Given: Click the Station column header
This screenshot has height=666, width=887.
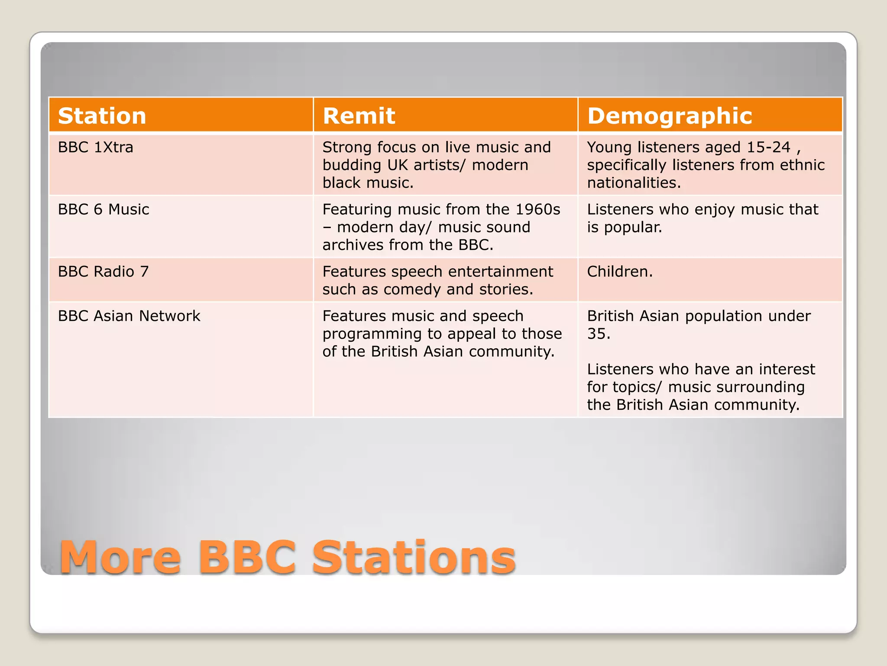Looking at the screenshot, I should coord(102,116).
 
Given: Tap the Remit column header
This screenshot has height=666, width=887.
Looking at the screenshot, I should coord(359,116).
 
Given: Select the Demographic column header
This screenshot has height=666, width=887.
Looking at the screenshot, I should coord(670,116).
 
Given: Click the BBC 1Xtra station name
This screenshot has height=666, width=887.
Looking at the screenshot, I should coord(95,147).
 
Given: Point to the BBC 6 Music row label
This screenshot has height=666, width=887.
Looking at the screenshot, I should coord(104,209).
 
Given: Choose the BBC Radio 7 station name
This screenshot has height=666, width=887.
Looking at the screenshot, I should coord(103,271).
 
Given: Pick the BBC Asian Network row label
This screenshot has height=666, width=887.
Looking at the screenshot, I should coord(129,316).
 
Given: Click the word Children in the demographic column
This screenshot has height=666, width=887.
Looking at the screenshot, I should coord(618,271).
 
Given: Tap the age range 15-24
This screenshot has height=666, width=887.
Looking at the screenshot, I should coord(768,147).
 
